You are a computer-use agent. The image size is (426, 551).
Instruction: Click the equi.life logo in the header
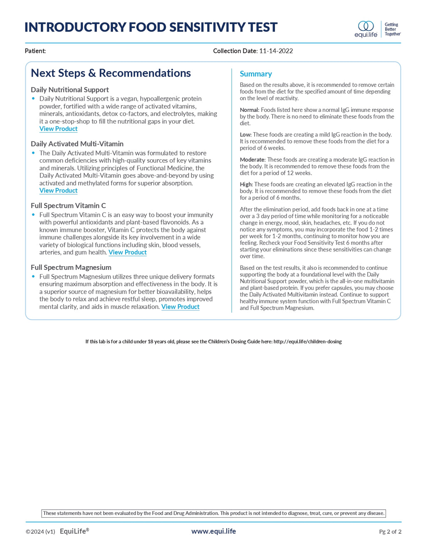(366, 29)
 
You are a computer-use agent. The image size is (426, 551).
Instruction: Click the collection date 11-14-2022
(276, 51)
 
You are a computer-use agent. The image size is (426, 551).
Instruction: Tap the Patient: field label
(35, 51)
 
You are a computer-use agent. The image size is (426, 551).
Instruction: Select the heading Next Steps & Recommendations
(111, 73)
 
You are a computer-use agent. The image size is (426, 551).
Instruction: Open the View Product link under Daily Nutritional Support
(58, 129)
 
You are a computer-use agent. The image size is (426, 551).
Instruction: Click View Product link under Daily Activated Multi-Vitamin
(58, 190)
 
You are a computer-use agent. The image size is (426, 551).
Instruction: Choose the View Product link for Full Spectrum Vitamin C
(127, 252)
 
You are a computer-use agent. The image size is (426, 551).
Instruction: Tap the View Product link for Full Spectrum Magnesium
(180, 307)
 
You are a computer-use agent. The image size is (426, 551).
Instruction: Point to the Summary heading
(255, 74)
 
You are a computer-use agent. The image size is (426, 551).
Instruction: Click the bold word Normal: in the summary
(249, 110)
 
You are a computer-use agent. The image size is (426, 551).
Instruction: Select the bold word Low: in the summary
(245, 135)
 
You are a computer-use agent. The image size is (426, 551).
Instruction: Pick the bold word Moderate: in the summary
(253, 160)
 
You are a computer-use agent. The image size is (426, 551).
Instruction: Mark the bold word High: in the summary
(246, 185)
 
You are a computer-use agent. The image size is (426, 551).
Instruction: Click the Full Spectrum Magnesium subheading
(71, 267)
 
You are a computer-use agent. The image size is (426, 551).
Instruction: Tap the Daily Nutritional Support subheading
(69, 90)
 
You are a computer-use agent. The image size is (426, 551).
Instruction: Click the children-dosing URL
(307, 342)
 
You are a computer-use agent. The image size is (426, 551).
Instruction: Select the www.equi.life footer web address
(213, 531)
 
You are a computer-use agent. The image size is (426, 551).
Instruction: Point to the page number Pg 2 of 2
(390, 532)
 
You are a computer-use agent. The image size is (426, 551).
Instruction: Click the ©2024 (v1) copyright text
(40, 532)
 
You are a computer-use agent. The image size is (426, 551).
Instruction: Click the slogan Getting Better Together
(392, 30)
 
